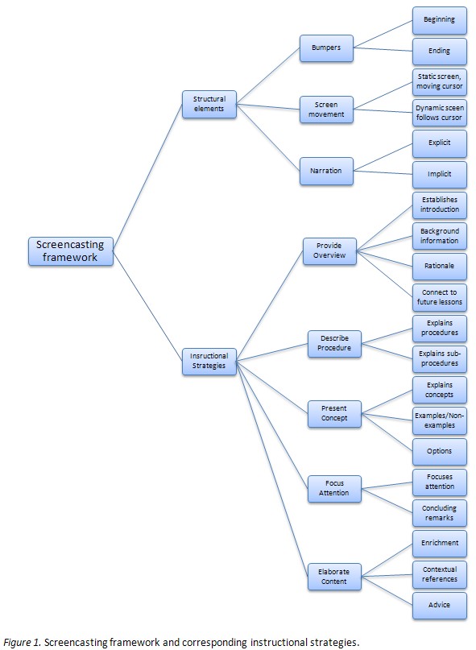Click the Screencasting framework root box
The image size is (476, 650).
(x=71, y=250)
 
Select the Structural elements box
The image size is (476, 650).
(x=209, y=104)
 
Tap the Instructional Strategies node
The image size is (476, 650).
(x=209, y=360)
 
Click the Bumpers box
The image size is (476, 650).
(x=326, y=48)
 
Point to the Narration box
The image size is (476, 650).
(x=326, y=171)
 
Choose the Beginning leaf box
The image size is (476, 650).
(x=440, y=19)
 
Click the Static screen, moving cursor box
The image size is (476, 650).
(x=440, y=81)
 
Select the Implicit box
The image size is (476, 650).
(x=440, y=174)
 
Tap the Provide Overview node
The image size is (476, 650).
(x=329, y=250)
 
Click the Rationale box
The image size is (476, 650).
(x=440, y=266)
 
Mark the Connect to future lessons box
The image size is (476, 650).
(x=440, y=297)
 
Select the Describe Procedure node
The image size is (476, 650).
(x=335, y=344)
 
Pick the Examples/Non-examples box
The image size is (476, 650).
(x=440, y=419)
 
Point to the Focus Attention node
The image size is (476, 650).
(x=335, y=487)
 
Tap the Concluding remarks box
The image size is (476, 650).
(x=440, y=512)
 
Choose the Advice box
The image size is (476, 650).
(x=440, y=604)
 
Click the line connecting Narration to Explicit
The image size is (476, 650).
(x=383, y=158)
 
